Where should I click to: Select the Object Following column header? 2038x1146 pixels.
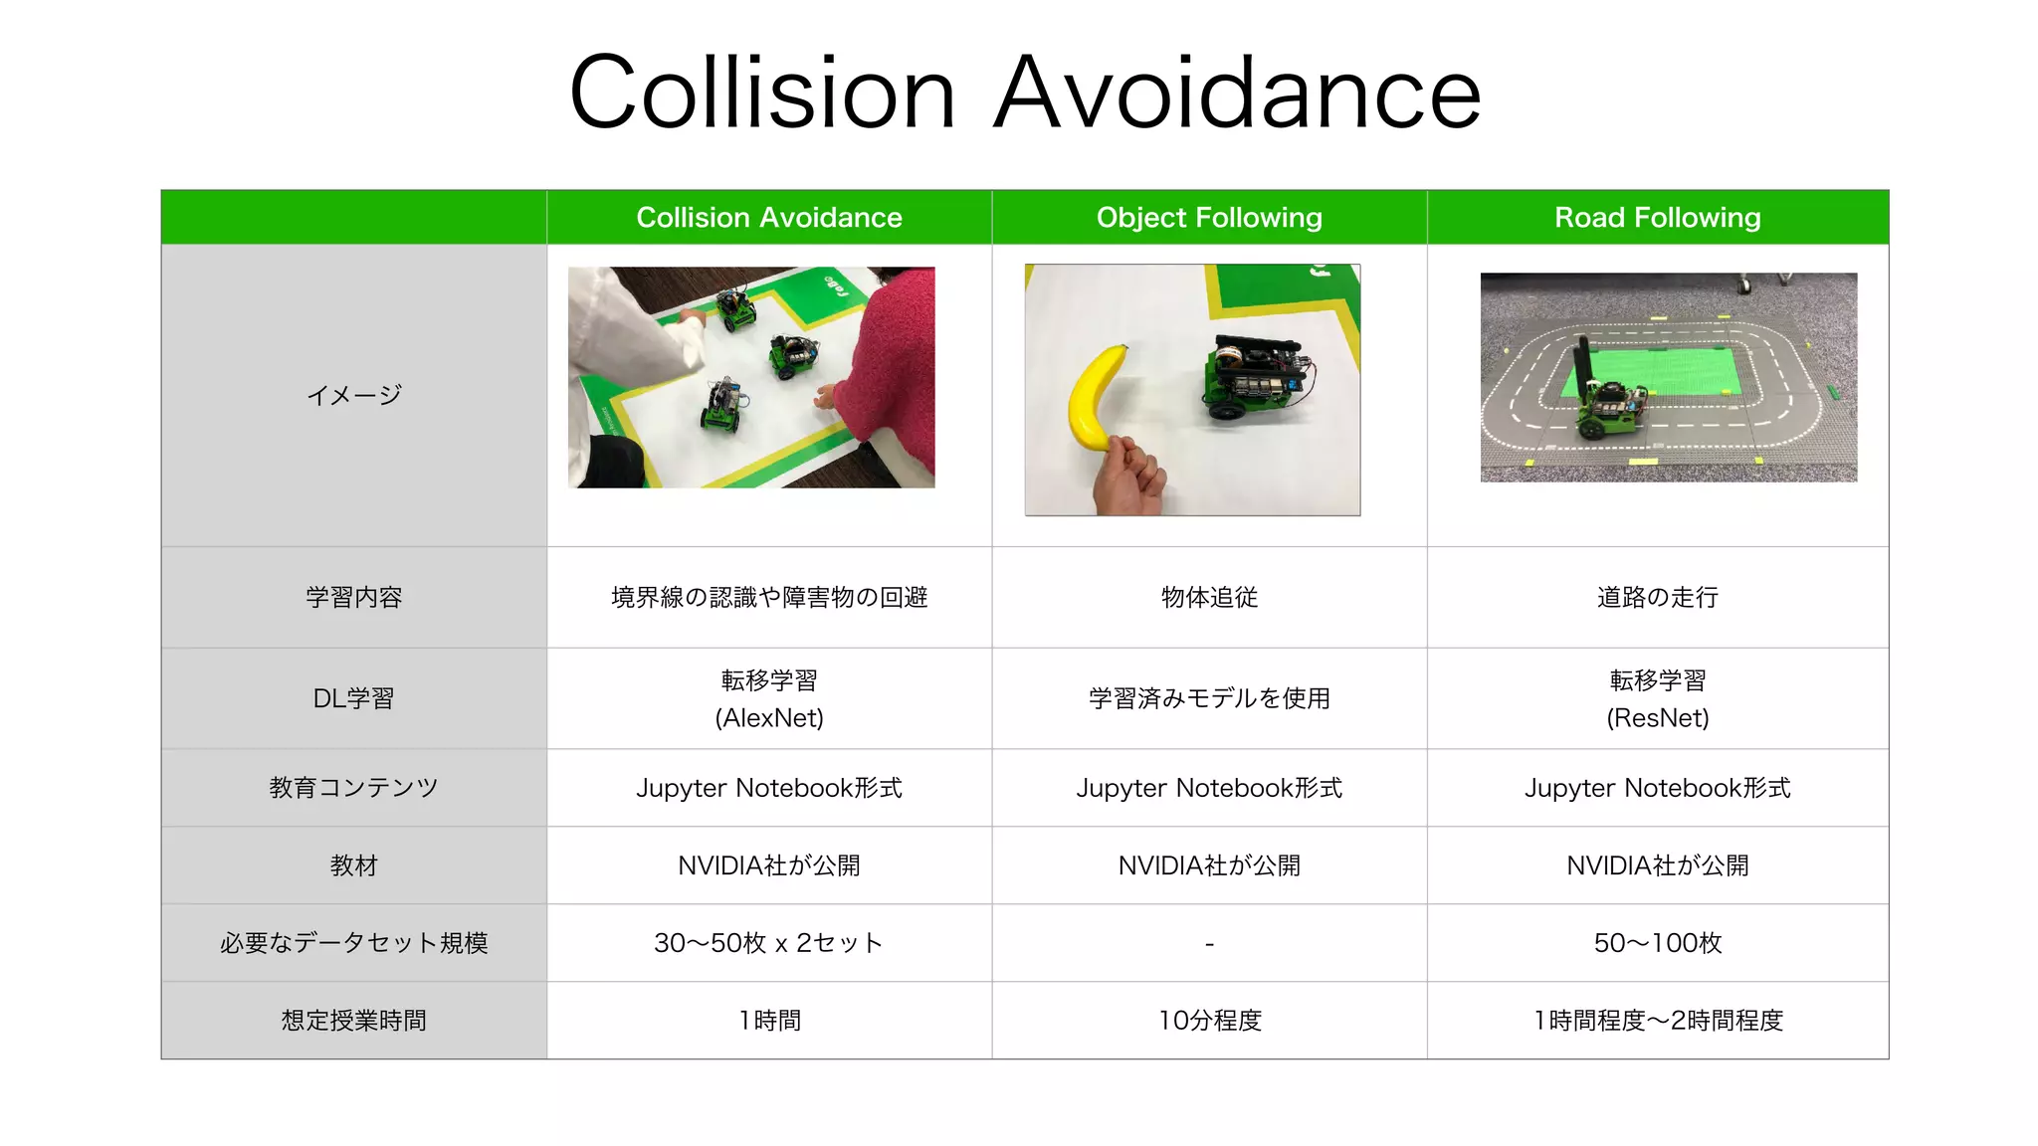pos(1209,217)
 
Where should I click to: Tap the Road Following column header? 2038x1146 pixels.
pos(1658,217)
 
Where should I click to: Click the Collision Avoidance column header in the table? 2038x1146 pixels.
pos(769,217)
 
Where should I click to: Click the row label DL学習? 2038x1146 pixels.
pos(353,698)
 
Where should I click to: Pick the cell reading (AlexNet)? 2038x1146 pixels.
pos(769,718)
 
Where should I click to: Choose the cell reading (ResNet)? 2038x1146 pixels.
pos(1658,718)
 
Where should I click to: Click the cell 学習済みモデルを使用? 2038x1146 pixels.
pos(1209,698)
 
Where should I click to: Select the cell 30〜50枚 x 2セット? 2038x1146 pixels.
pos(769,943)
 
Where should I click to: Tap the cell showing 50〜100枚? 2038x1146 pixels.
pos(1658,943)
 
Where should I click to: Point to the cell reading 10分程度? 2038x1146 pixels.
pos(1209,1021)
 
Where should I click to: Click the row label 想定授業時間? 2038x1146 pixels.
pos(353,1021)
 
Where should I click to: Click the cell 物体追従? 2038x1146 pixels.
pos(1209,597)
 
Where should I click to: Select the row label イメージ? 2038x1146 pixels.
pos(353,395)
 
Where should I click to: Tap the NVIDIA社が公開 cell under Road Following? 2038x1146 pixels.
pos(1658,865)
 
